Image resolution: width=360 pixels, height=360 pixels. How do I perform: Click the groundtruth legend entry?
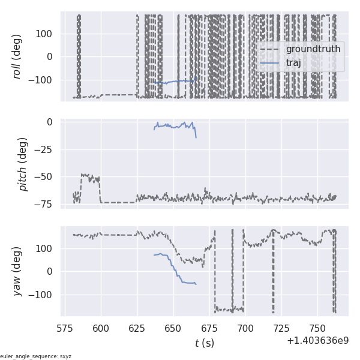(x=313, y=49)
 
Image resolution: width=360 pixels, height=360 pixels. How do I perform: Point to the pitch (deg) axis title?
(x=23, y=164)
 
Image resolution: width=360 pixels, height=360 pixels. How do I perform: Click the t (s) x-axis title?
(x=204, y=343)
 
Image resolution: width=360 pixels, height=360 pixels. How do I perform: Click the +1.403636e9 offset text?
(x=317, y=341)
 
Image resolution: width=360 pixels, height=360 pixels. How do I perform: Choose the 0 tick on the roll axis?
(x=50, y=56)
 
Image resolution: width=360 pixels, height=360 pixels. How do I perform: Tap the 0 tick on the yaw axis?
(x=50, y=271)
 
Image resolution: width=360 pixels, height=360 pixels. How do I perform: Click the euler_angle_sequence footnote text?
(x=36, y=356)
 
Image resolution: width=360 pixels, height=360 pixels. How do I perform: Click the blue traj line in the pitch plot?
(x=174, y=126)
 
